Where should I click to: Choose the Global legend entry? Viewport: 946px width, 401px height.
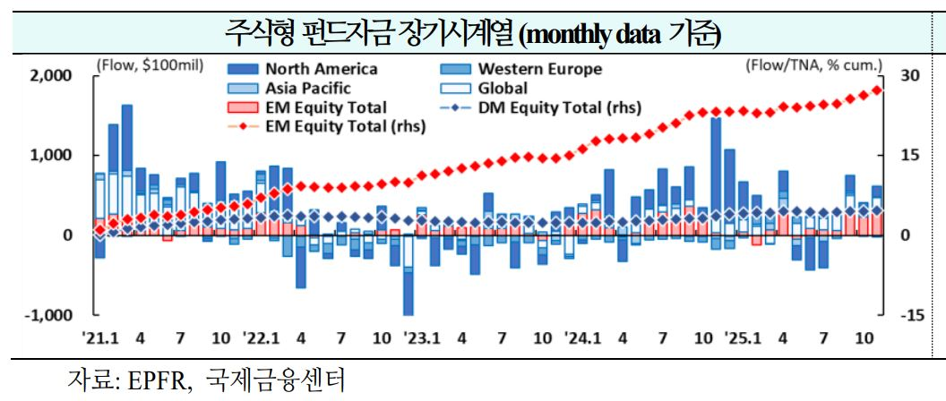coord(503,89)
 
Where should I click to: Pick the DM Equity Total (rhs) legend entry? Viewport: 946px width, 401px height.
coord(546,107)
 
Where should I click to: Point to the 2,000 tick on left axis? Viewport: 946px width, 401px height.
coord(51,75)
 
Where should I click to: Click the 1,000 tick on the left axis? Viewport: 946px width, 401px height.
coord(51,155)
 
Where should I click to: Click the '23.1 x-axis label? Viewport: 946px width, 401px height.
coord(421,338)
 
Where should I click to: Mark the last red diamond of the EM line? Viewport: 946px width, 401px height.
coord(877,90)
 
